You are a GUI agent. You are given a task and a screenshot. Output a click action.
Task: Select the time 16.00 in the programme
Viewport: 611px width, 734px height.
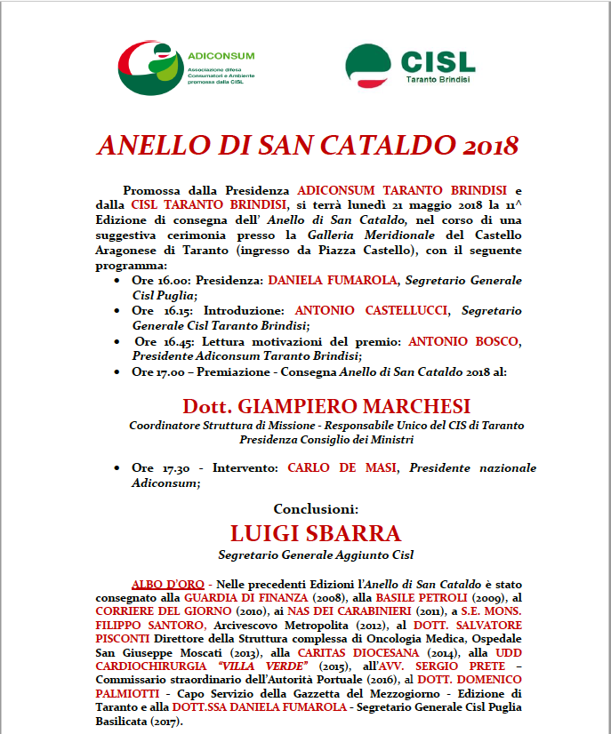coord(164,280)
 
